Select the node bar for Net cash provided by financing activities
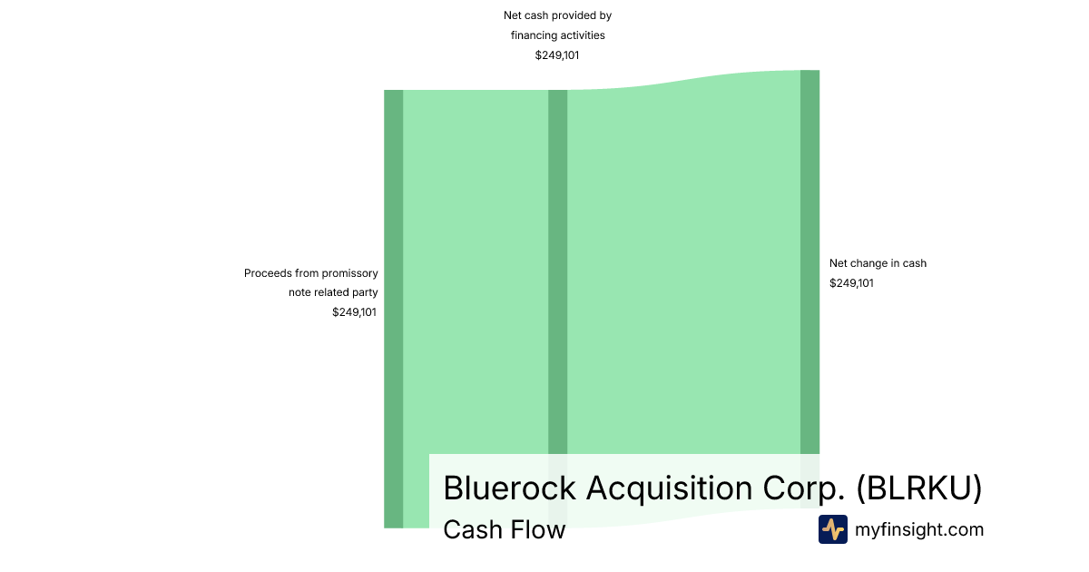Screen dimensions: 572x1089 [557, 272]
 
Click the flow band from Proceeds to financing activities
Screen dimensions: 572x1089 [476, 272]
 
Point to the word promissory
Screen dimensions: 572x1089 [349, 273]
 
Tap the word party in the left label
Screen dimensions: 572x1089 [366, 292]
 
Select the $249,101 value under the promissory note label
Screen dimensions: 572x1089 [354, 312]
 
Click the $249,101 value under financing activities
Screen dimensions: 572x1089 [557, 55]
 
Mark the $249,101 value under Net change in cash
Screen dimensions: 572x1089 [851, 283]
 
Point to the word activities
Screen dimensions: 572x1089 [584, 35]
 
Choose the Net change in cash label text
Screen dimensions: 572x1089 [878, 263]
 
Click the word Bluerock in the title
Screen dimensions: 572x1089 [509, 488]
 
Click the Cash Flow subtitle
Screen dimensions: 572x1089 [504, 529]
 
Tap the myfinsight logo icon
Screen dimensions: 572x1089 [832, 529]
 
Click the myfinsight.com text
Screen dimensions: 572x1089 [919, 529]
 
